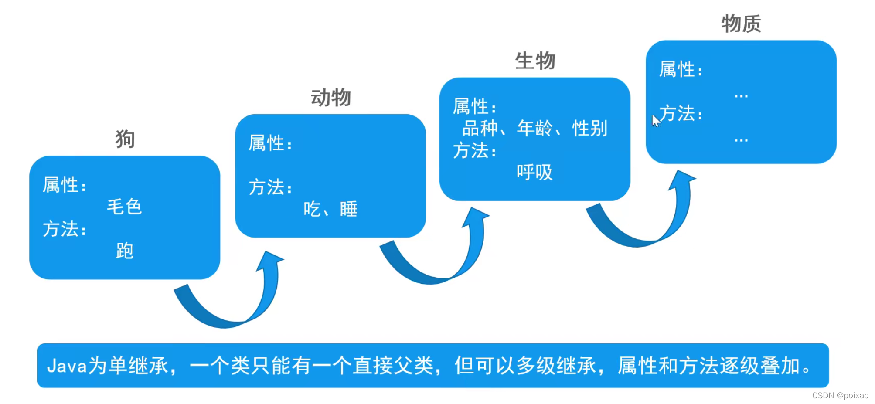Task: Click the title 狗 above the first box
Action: point(125,139)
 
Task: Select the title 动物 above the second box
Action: point(330,97)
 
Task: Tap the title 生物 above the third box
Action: point(535,61)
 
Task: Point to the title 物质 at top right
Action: point(741,24)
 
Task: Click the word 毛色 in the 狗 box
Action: point(124,207)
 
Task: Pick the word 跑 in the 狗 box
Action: point(124,251)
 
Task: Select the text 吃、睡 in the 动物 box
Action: point(330,209)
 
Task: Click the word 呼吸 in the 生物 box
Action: point(535,172)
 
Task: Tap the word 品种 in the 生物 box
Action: point(480,128)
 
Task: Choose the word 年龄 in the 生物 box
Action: point(535,128)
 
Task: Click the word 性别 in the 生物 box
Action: point(589,128)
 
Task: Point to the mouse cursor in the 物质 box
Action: point(655,120)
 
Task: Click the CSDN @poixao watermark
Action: point(840,395)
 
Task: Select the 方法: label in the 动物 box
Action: point(270,187)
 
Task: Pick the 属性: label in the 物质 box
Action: point(681,70)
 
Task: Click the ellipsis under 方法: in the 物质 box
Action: point(741,140)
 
